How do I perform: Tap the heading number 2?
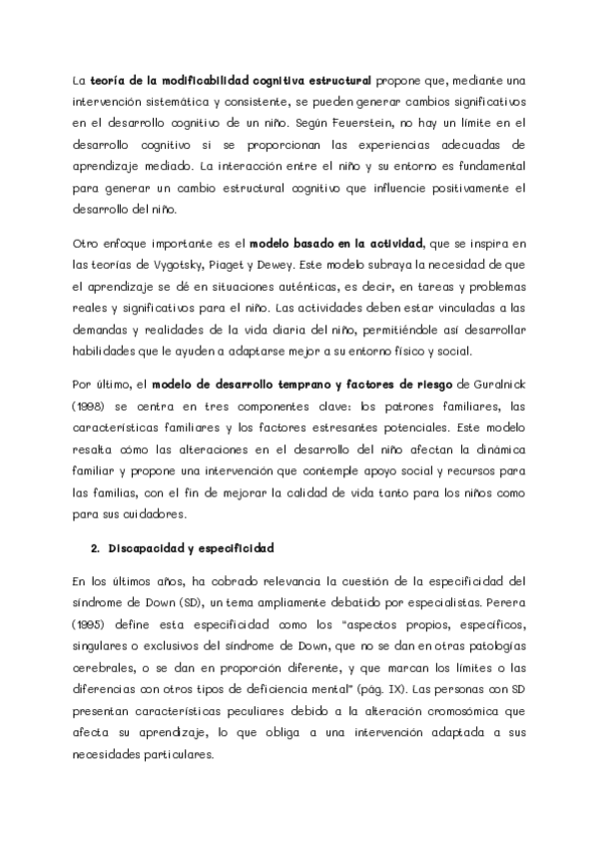tap(94, 548)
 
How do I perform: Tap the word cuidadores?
tap(157, 514)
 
